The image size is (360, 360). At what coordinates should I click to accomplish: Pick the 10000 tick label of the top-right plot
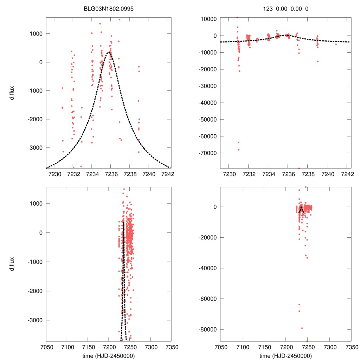tap(208, 19)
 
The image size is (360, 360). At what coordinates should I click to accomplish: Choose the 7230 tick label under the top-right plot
tap(229, 174)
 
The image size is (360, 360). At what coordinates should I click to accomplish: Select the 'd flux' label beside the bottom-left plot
tap(12, 264)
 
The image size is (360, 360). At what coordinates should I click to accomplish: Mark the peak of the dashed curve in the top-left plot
tap(109, 52)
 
